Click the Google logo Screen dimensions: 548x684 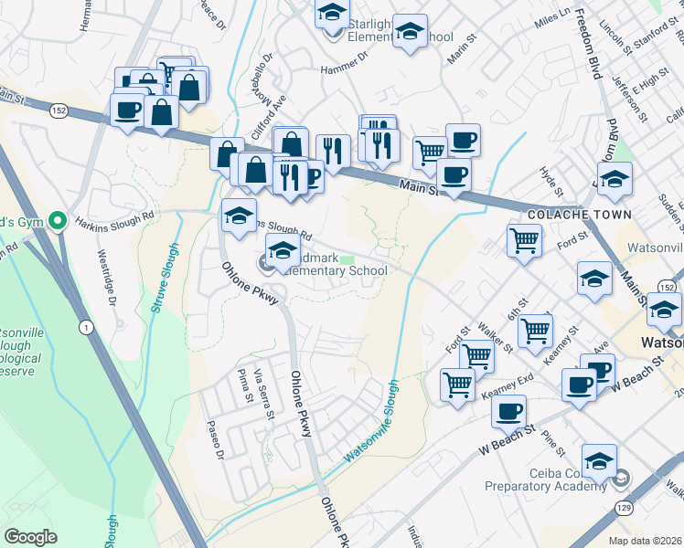(30, 536)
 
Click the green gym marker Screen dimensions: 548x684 (58, 220)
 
